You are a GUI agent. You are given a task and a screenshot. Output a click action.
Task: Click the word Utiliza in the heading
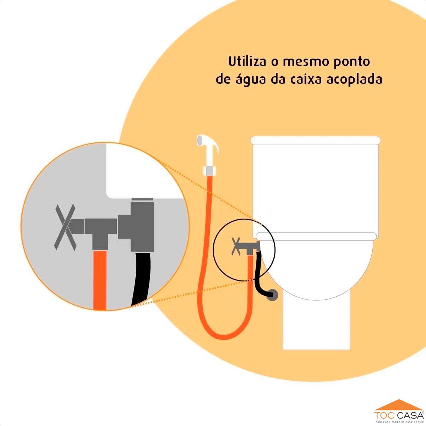point(247,61)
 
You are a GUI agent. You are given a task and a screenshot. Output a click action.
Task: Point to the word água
point(251,80)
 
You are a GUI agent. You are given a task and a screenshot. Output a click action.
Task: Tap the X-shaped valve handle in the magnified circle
point(65,227)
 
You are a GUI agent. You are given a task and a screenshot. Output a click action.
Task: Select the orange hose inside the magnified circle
point(100,280)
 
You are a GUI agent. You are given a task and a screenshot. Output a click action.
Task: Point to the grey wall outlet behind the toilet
point(272,295)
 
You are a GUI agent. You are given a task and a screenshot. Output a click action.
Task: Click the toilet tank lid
point(316,140)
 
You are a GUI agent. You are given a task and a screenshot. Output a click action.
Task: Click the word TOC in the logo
point(385,416)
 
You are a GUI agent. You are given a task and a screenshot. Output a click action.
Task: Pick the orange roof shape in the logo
point(399,405)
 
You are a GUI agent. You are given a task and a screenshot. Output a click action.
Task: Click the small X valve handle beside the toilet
point(236,246)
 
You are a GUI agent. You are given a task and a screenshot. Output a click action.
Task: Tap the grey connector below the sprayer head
point(209,171)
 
